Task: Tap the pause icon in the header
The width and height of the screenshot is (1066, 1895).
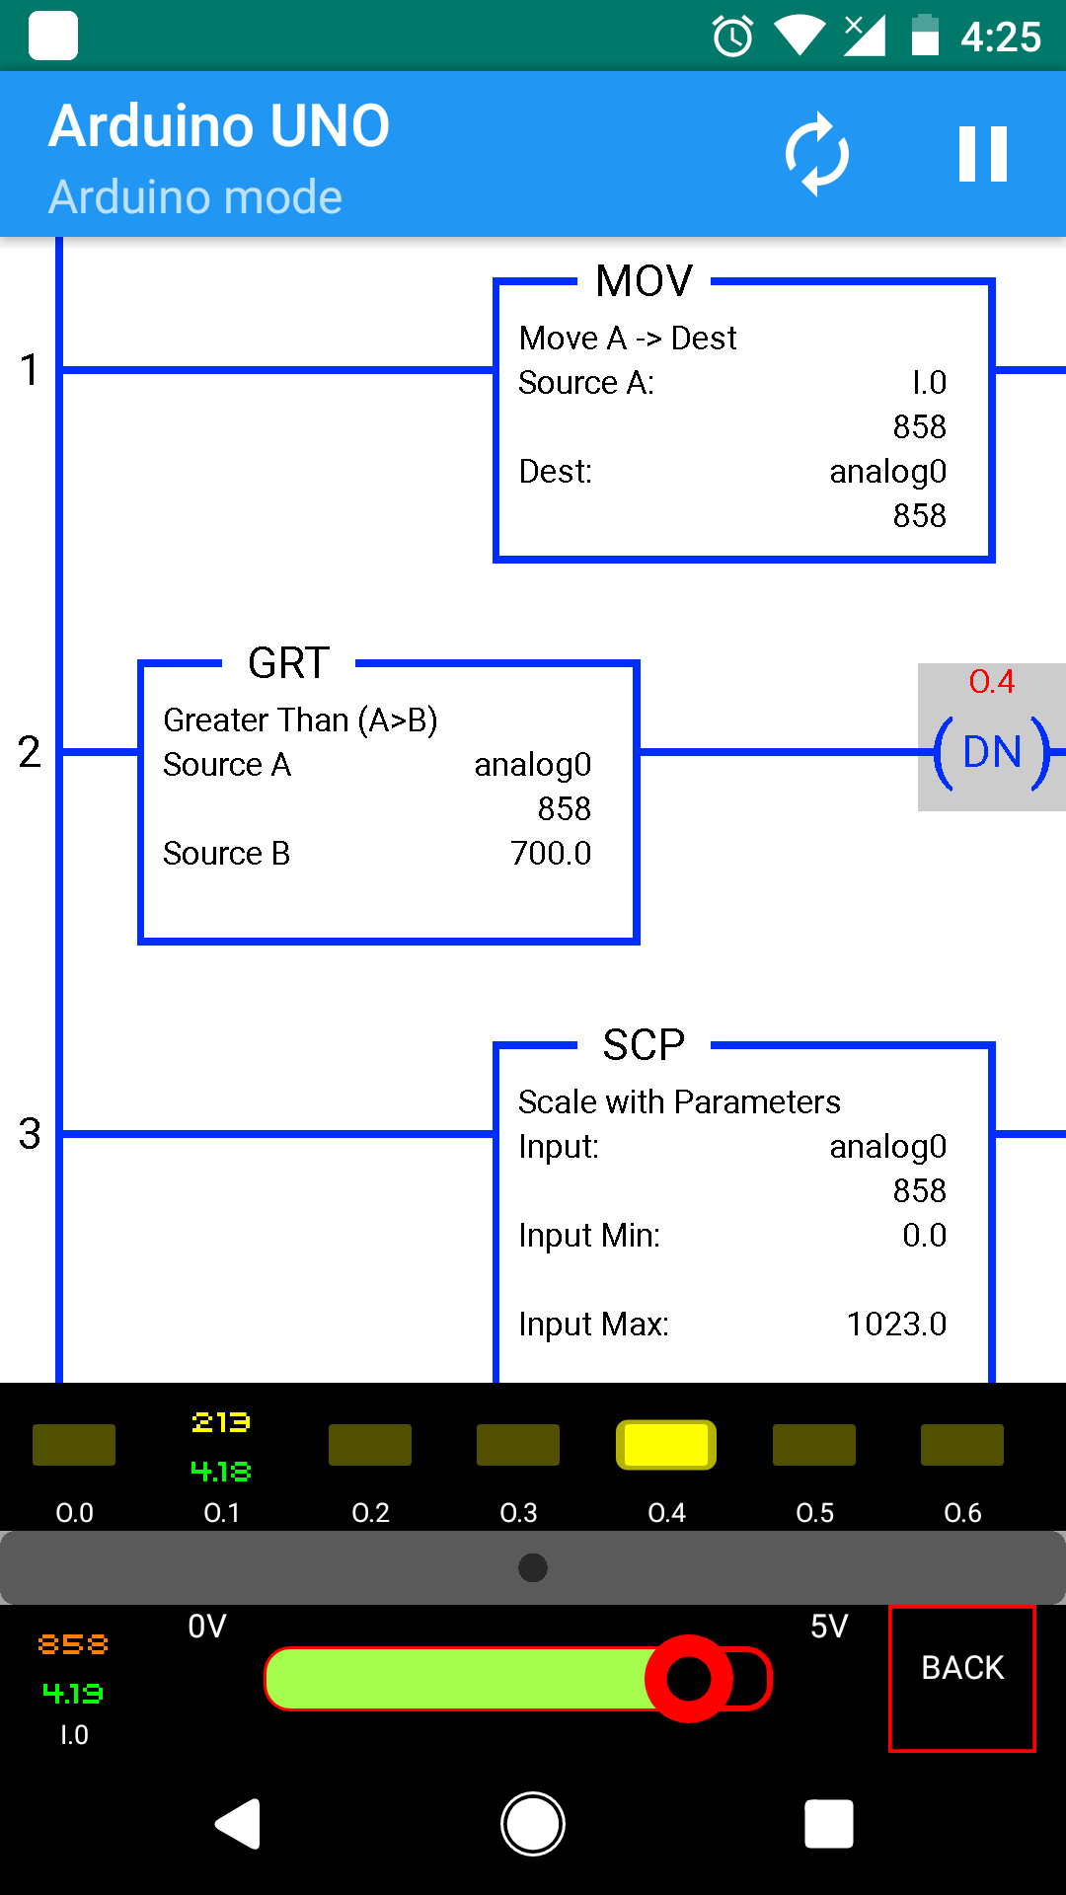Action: (x=982, y=154)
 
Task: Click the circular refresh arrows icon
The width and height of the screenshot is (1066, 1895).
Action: (x=816, y=154)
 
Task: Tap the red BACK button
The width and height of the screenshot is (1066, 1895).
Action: (x=962, y=1678)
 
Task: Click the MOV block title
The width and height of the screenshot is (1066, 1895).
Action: (x=645, y=281)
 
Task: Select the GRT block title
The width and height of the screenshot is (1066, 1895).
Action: (x=288, y=663)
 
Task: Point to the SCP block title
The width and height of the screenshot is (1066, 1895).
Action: (x=644, y=1045)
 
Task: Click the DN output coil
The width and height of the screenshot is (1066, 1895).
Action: (x=992, y=752)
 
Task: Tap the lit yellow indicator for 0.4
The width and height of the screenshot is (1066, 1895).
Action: (x=666, y=1445)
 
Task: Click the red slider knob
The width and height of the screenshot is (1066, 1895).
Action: (x=689, y=1678)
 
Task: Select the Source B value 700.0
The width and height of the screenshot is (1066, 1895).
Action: (x=551, y=853)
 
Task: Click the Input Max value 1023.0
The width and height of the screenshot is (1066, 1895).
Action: (x=896, y=1324)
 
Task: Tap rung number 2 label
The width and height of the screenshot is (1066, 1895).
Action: (x=30, y=752)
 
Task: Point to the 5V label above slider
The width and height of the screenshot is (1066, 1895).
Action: (x=829, y=1627)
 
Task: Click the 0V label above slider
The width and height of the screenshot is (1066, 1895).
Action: (x=207, y=1627)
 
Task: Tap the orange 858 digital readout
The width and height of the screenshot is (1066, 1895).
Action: (x=73, y=1644)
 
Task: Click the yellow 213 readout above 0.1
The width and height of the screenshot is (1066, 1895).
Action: (x=221, y=1422)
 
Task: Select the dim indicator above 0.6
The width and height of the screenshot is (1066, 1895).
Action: (x=962, y=1445)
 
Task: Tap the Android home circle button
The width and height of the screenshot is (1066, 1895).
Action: (x=533, y=1824)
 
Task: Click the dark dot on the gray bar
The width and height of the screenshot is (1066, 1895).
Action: (x=533, y=1567)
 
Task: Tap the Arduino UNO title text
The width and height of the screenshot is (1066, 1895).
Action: (x=219, y=126)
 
